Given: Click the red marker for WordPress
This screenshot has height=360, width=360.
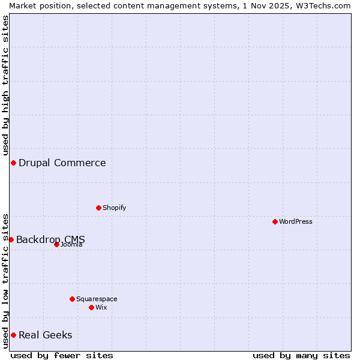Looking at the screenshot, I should click(275, 221).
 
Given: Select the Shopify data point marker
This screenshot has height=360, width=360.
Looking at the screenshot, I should click(98, 208).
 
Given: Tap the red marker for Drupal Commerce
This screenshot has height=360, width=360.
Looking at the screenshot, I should click(13, 163).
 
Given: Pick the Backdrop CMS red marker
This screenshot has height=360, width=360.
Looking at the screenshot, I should click(11, 239).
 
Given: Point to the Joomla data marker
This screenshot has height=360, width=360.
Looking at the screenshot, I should click(56, 244).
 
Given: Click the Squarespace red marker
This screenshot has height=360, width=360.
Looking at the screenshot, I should click(72, 299).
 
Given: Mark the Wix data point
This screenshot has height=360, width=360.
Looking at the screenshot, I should click(91, 307).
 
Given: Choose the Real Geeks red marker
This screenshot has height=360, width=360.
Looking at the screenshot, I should click(13, 335).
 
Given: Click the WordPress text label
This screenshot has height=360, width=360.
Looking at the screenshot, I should click(296, 221).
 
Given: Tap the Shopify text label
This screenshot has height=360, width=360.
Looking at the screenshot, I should click(114, 208).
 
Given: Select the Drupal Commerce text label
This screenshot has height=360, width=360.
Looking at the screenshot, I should click(62, 163).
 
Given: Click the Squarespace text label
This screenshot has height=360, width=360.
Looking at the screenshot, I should click(97, 299).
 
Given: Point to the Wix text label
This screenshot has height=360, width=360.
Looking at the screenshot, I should click(101, 307).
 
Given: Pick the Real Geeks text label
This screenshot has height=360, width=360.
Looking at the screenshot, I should click(46, 335).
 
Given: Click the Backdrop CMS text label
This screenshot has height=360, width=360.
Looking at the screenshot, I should click(50, 239).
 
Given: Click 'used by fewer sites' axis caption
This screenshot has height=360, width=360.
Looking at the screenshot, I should click(62, 355).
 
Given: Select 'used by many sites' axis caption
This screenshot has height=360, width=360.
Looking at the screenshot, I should click(301, 355).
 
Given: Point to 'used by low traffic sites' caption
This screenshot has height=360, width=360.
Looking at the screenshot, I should click(5, 280).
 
